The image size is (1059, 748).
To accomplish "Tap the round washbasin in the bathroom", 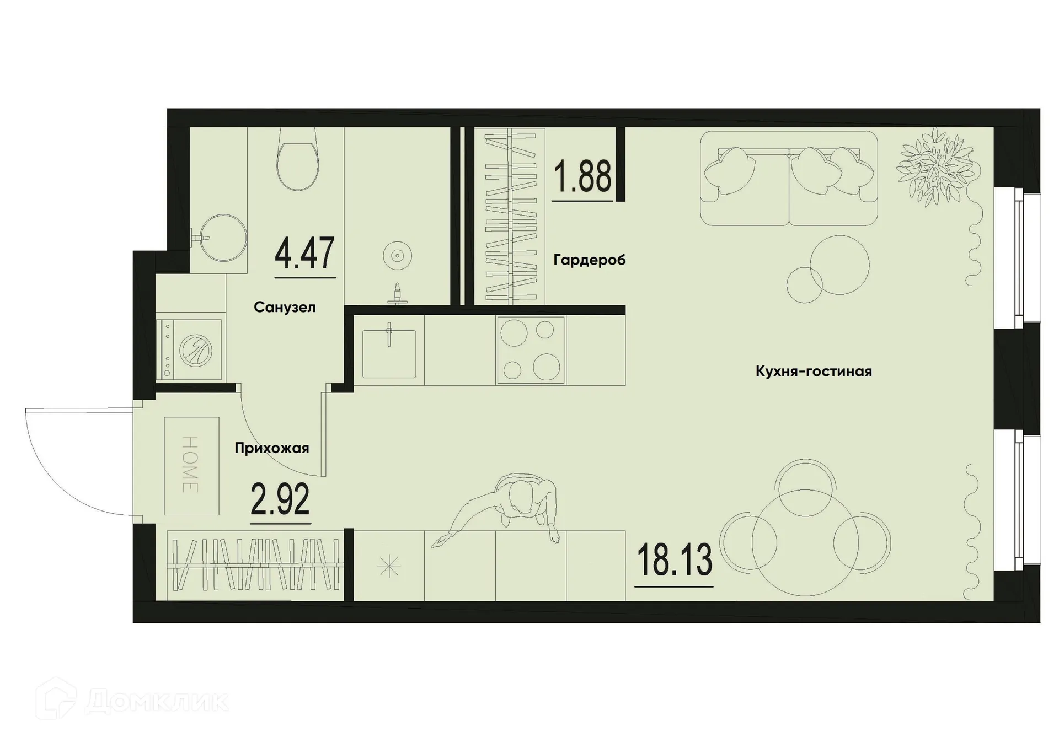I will [x=223, y=238].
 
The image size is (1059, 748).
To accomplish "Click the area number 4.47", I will [x=304, y=254].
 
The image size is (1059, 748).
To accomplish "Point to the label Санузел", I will [x=285, y=308].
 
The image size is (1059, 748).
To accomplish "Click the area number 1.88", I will [x=582, y=176].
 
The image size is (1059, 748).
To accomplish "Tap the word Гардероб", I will [x=589, y=260].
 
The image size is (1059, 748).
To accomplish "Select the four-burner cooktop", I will [x=531, y=350].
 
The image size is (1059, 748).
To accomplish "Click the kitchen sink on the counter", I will [x=389, y=353].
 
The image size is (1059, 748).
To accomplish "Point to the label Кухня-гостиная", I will [x=814, y=372].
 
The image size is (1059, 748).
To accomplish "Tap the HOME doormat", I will [x=191, y=466].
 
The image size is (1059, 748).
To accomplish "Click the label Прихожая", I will [x=271, y=448].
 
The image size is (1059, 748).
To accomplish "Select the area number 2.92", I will [x=280, y=498].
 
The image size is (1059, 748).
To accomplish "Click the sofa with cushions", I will [x=789, y=178].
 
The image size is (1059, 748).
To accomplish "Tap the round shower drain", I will [x=397, y=256].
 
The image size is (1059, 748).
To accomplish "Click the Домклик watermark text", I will [x=157, y=701].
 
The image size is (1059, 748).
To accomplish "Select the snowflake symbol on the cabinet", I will [x=389, y=566].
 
